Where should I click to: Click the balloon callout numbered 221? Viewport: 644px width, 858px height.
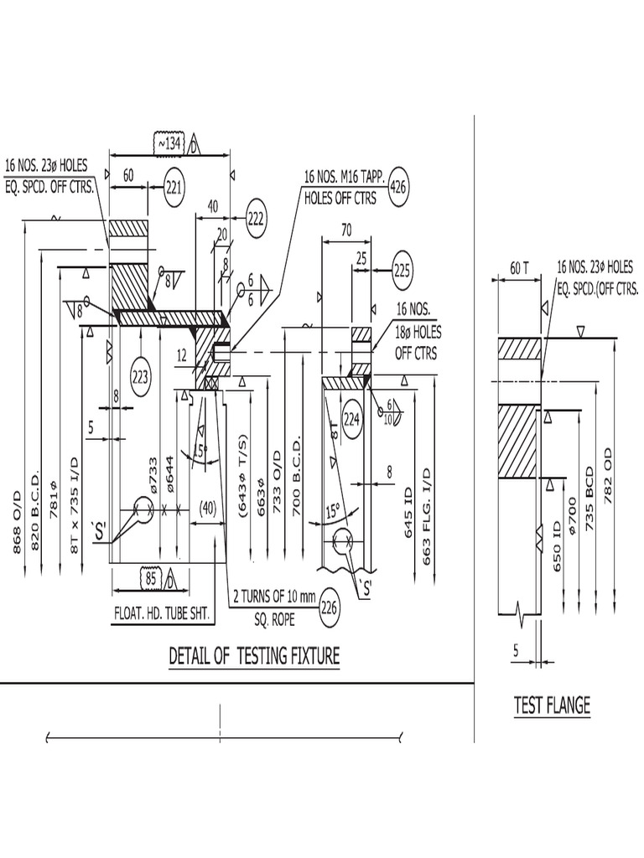pos(174,188)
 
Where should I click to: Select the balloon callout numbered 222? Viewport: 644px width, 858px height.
pos(256,220)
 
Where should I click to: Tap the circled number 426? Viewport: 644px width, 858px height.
pos(397,188)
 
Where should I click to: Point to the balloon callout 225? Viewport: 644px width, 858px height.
pos(402,270)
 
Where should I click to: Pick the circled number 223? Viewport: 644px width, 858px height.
pos(140,376)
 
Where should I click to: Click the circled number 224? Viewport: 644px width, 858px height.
pos(351,420)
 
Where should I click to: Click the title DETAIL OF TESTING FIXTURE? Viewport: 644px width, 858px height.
pos(254,655)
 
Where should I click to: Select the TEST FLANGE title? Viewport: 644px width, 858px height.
pos(552,706)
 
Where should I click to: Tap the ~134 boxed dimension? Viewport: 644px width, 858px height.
pos(169,144)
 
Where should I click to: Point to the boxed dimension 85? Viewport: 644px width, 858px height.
pos(152,578)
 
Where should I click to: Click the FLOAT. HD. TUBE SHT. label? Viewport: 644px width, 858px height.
pos(162,613)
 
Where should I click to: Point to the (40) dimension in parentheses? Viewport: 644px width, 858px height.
pos(207,507)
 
